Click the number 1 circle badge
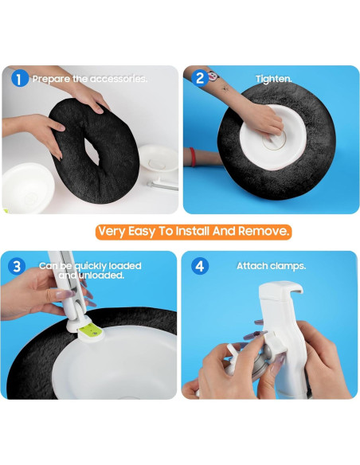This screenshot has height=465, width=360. coord(20,79)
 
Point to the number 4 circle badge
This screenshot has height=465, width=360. coord(201,265)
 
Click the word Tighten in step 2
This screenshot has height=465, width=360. coord(272,79)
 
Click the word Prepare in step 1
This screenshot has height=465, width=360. coord(53,79)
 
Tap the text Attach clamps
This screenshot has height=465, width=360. coord(271,265)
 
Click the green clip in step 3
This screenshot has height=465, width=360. coord(92,326)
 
